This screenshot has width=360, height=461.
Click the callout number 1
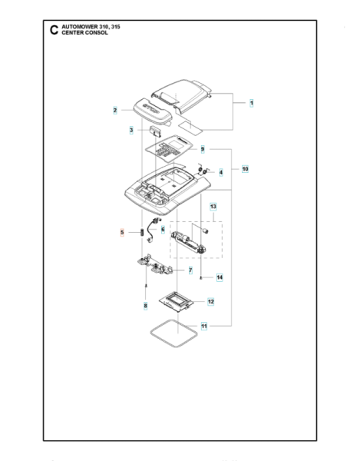pyautogui.click(x=251, y=102)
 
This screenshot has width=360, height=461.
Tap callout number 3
pyautogui.click(x=131, y=131)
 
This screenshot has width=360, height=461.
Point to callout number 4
pyautogui.click(x=221, y=172)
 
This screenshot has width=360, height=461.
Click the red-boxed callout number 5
pyautogui.click(x=121, y=232)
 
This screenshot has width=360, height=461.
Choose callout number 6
pyautogui.click(x=163, y=230)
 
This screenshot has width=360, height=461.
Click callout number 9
pyautogui.click(x=203, y=149)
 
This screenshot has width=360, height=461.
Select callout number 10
pyautogui.click(x=245, y=168)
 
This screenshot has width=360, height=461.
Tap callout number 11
pyautogui.click(x=203, y=327)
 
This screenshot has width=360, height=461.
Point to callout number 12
pyautogui.click(x=210, y=302)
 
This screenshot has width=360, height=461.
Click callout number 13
pyautogui.click(x=213, y=207)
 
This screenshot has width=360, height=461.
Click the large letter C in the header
pyautogui.click(x=52, y=30)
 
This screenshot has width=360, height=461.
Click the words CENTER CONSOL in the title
pyautogui.click(x=86, y=34)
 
